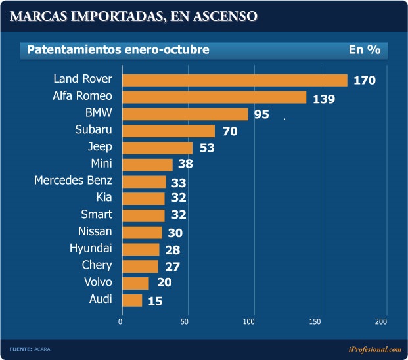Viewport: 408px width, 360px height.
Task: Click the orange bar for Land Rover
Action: (x=234, y=80)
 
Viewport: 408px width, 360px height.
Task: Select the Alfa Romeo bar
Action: (x=214, y=97)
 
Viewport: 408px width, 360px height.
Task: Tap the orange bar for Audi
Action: (x=131, y=300)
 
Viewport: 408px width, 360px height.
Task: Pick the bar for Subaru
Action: (x=168, y=131)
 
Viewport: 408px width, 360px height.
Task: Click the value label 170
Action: (x=364, y=81)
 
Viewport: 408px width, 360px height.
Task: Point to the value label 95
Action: (x=261, y=115)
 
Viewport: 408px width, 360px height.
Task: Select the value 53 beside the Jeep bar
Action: (x=208, y=148)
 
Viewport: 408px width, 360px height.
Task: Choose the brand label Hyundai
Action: (x=91, y=248)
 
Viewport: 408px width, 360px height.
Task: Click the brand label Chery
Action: (x=97, y=265)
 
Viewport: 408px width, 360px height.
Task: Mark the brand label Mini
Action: (x=101, y=164)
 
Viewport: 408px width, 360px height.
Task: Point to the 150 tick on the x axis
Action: (x=315, y=321)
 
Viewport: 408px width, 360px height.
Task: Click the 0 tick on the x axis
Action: (x=120, y=321)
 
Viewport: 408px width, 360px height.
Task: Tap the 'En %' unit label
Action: (x=365, y=50)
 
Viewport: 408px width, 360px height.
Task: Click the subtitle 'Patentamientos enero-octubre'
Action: (x=118, y=50)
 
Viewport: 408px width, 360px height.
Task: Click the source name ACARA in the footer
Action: (x=42, y=349)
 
